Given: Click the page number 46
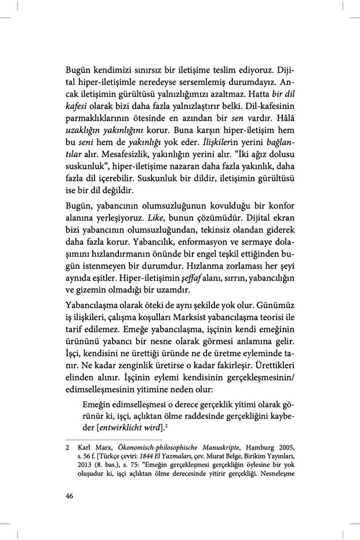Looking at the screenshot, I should pos(70,495).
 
